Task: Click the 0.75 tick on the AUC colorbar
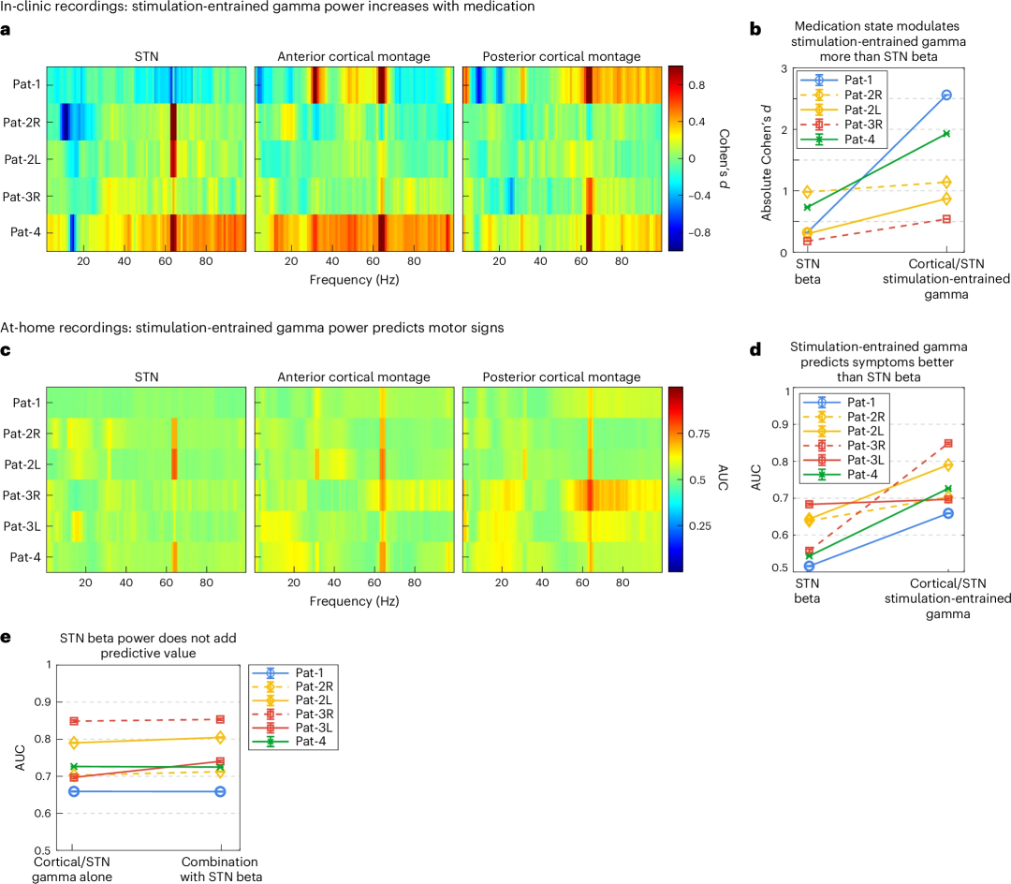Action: click(x=700, y=434)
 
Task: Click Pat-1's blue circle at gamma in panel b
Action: click(x=946, y=96)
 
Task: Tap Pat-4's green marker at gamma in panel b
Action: click(x=946, y=134)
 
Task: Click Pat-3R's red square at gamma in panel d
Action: click(x=948, y=443)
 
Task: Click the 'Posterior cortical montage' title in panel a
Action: click(x=562, y=57)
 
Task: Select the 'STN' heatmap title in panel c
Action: click(x=147, y=377)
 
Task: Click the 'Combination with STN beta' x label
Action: click(x=220, y=868)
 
